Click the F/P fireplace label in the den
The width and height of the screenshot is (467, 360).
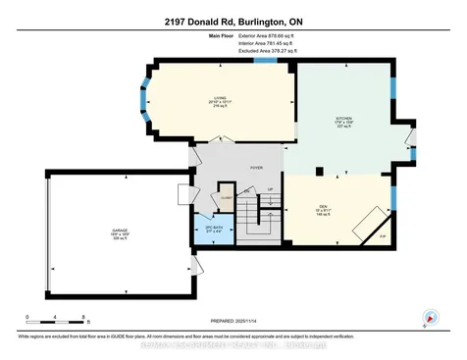click(x=383, y=236)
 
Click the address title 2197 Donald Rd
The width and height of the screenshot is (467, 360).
click(x=233, y=20)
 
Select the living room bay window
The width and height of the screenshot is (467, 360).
click(x=147, y=102)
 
